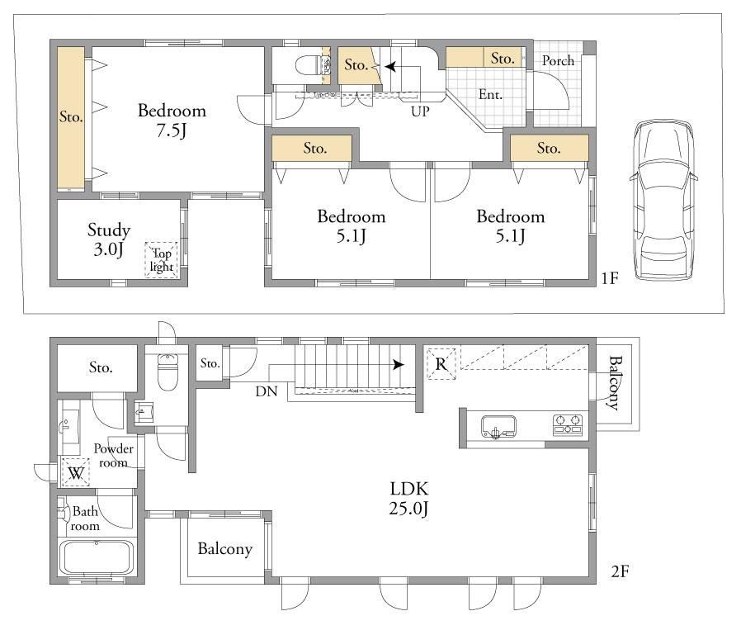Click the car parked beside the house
[x=663, y=200]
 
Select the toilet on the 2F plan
[x=168, y=372]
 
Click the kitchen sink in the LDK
[x=498, y=427]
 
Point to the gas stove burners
[x=568, y=424]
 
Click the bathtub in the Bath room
[x=96, y=557]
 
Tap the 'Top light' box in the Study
[x=161, y=259]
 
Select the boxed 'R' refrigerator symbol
[x=441, y=364]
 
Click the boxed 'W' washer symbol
[x=76, y=472]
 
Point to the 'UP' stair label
[x=420, y=111]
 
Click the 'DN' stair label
[x=267, y=391]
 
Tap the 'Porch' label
[x=558, y=60]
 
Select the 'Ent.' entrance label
[x=490, y=95]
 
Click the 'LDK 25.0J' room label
[x=408, y=498]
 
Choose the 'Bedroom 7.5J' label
[x=172, y=120]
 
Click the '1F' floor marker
[x=610, y=278]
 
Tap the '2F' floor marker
[x=620, y=571]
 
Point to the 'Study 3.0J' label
[x=109, y=239]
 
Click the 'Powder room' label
[x=113, y=456]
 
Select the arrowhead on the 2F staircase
[x=399, y=365]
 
